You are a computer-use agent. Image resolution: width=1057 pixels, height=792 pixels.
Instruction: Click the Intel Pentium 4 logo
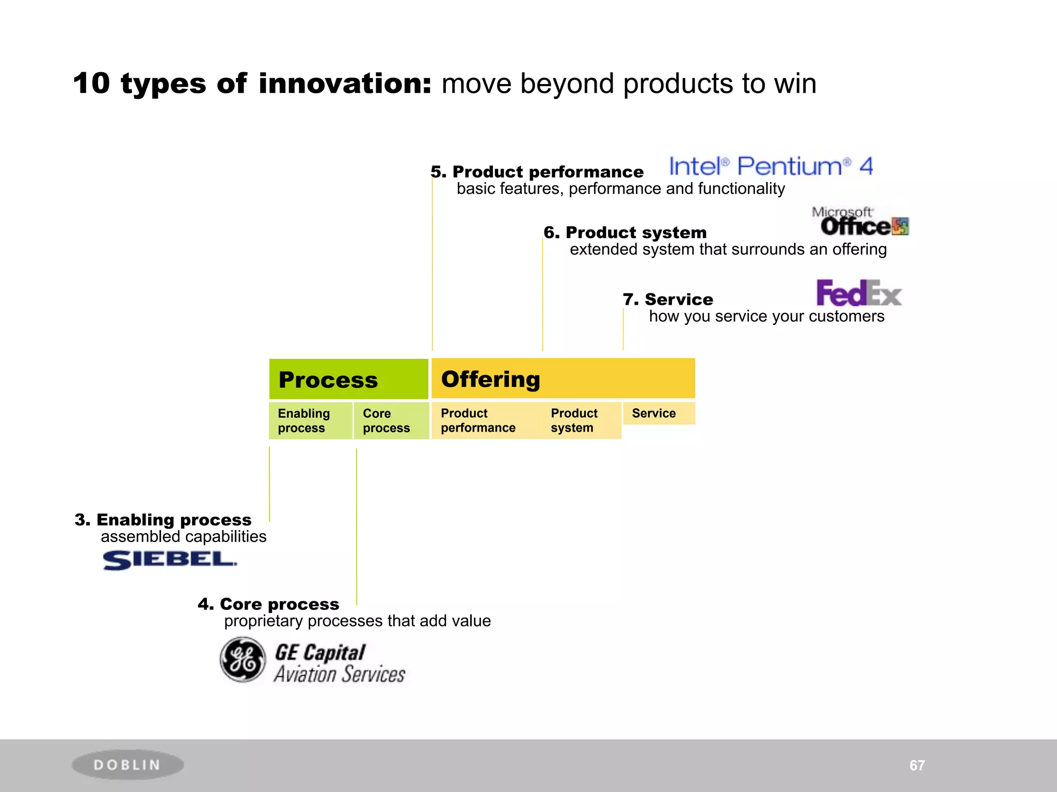point(771,166)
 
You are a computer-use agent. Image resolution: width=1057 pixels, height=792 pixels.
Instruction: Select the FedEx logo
point(858,293)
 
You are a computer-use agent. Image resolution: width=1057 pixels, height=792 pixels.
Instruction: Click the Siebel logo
point(169,559)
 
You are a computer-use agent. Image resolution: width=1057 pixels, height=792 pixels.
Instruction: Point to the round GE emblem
point(243,659)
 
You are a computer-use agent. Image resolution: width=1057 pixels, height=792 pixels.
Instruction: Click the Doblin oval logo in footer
point(127,765)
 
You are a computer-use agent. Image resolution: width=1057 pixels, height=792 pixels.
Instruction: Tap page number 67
point(917,765)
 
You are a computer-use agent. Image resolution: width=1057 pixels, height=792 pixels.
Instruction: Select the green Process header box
point(348,379)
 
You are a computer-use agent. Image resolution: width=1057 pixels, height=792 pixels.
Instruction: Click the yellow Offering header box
point(563,378)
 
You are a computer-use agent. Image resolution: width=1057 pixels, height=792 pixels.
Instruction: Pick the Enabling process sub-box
point(310,421)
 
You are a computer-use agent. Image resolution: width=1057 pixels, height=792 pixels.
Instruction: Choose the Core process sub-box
point(391,421)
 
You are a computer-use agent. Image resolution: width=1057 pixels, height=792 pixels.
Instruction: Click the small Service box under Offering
point(659,413)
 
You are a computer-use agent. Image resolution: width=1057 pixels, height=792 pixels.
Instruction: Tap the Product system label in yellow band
point(574,420)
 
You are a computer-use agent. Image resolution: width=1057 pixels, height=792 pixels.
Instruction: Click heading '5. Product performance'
point(537,172)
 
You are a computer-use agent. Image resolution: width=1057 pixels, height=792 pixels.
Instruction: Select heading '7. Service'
point(668,299)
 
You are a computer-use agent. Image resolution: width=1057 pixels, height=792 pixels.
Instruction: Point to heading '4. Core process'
point(268,604)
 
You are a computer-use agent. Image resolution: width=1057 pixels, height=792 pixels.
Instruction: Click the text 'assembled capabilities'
point(183,536)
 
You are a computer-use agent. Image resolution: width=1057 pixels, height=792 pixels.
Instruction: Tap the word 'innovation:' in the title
point(345,84)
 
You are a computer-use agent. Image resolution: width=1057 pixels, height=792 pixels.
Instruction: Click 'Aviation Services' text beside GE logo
point(339,674)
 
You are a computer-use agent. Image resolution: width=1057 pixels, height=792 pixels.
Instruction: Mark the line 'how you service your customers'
point(766,316)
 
